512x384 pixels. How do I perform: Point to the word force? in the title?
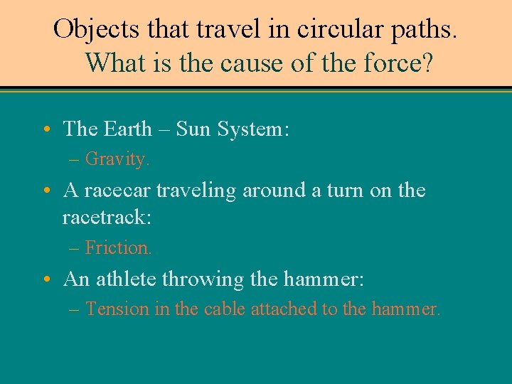tap(393, 63)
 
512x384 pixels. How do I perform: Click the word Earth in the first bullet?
tap(127, 129)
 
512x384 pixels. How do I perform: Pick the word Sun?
tap(193, 129)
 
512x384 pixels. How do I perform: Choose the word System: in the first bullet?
tap(252, 129)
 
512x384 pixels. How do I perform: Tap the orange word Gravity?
tap(118, 159)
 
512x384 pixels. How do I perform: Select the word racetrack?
tap(107, 217)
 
